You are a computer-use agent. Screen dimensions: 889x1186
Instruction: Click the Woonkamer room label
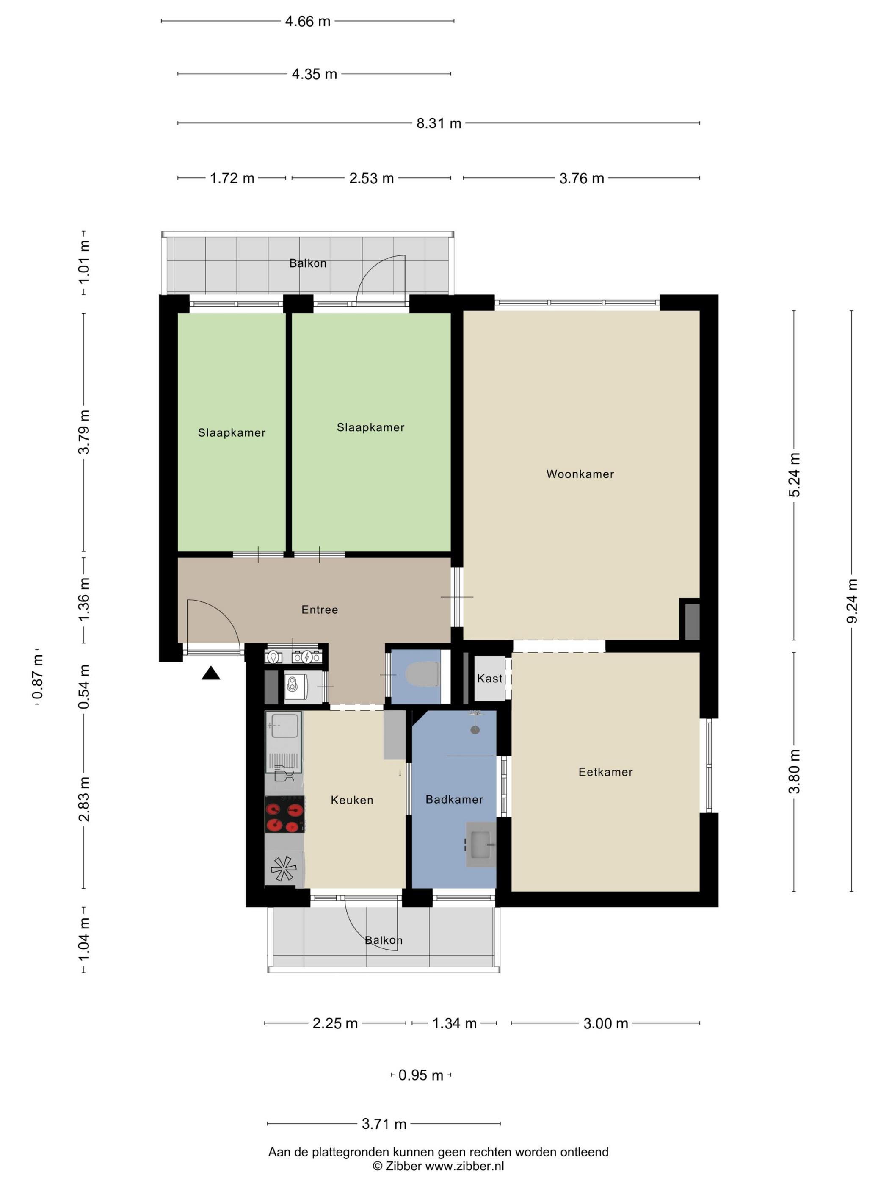coord(580,474)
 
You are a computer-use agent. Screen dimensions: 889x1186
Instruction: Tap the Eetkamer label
coord(605,772)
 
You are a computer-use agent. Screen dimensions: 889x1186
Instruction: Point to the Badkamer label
coord(454,799)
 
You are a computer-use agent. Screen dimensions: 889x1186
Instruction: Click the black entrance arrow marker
coord(211,673)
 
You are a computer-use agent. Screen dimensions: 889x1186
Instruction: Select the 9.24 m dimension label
coord(851,601)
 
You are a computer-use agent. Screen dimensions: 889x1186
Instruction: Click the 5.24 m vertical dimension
coord(794,475)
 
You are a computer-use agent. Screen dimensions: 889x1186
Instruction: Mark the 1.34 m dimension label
coord(454,1023)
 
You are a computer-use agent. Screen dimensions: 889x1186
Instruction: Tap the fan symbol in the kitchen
coord(283,869)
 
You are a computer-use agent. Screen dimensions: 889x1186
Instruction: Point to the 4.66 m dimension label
coord(308,22)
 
